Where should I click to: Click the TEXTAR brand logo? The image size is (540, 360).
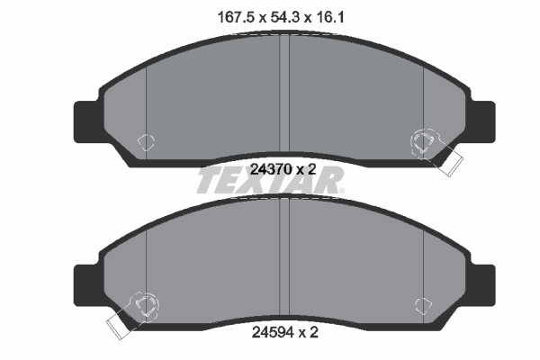pos(270,183)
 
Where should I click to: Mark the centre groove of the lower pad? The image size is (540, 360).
pos(284,261)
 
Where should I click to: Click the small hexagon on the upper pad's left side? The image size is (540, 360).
pos(146,140)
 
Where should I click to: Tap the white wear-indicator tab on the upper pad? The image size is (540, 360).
pos(447,160)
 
